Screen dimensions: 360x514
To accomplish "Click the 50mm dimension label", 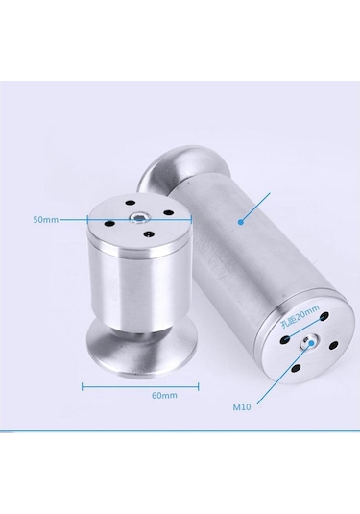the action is (x=45, y=220).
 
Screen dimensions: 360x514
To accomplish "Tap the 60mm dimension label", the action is (x=164, y=395).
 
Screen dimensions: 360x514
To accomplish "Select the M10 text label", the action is (x=242, y=407).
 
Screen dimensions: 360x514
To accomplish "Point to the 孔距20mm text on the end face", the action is (x=300, y=316).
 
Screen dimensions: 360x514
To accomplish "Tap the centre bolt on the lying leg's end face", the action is (x=308, y=343).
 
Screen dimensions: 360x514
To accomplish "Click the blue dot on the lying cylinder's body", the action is (x=241, y=222).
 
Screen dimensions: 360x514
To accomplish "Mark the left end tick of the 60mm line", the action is (x=82, y=387).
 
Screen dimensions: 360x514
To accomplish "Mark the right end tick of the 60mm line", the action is (x=198, y=387).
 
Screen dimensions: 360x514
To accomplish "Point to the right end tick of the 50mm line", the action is (x=191, y=219).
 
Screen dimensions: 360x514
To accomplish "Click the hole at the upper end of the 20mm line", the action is (x=324, y=316).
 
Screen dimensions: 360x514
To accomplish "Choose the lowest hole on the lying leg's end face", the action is (x=296, y=369).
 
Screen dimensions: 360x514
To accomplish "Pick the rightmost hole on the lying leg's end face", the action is (x=333, y=345).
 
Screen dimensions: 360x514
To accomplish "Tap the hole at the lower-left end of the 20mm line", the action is (x=285, y=340).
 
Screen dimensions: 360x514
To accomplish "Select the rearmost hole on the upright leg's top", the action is (x=131, y=203).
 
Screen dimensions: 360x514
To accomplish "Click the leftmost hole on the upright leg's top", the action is (x=108, y=224).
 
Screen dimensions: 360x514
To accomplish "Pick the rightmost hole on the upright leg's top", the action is (x=168, y=213).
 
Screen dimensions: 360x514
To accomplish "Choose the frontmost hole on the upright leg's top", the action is (x=149, y=233).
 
